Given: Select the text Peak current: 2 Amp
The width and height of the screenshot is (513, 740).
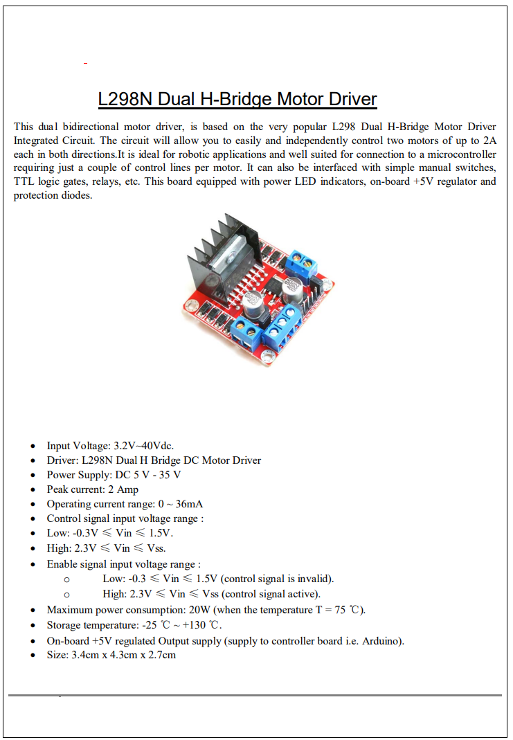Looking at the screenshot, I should click(x=93, y=489).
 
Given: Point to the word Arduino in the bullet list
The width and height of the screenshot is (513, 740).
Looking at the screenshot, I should click(x=381, y=640).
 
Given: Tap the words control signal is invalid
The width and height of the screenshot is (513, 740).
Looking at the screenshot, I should click(x=277, y=579).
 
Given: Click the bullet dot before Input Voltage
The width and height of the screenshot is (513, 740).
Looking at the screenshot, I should click(x=33, y=446).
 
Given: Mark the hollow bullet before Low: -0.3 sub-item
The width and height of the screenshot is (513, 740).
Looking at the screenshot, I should click(x=66, y=579).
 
